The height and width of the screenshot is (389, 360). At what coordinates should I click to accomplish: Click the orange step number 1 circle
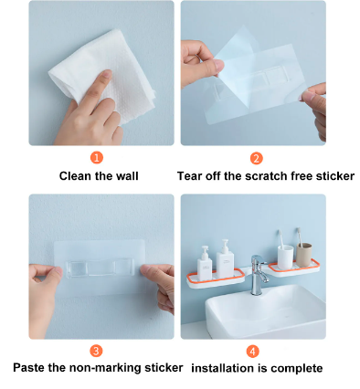pyautogui.click(x=97, y=157)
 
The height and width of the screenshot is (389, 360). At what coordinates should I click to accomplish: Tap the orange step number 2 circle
pyautogui.click(x=256, y=157)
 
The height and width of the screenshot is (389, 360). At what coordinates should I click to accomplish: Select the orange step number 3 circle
pyautogui.click(x=97, y=351)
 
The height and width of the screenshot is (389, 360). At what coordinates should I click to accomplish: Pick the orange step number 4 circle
pyautogui.click(x=253, y=351)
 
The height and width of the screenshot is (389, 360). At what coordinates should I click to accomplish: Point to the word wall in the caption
pyautogui.click(x=125, y=175)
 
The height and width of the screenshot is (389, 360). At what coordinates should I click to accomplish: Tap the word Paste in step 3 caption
pyautogui.click(x=32, y=368)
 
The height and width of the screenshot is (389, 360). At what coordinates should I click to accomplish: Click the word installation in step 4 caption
pyautogui.click(x=222, y=368)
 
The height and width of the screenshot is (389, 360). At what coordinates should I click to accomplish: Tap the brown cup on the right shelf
pyautogui.click(x=304, y=252)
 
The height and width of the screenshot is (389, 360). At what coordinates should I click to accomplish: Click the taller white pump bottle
pyautogui.click(x=223, y=257)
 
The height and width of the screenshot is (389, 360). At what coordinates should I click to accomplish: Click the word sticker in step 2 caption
pyautogui.click(x=334, y=175)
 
